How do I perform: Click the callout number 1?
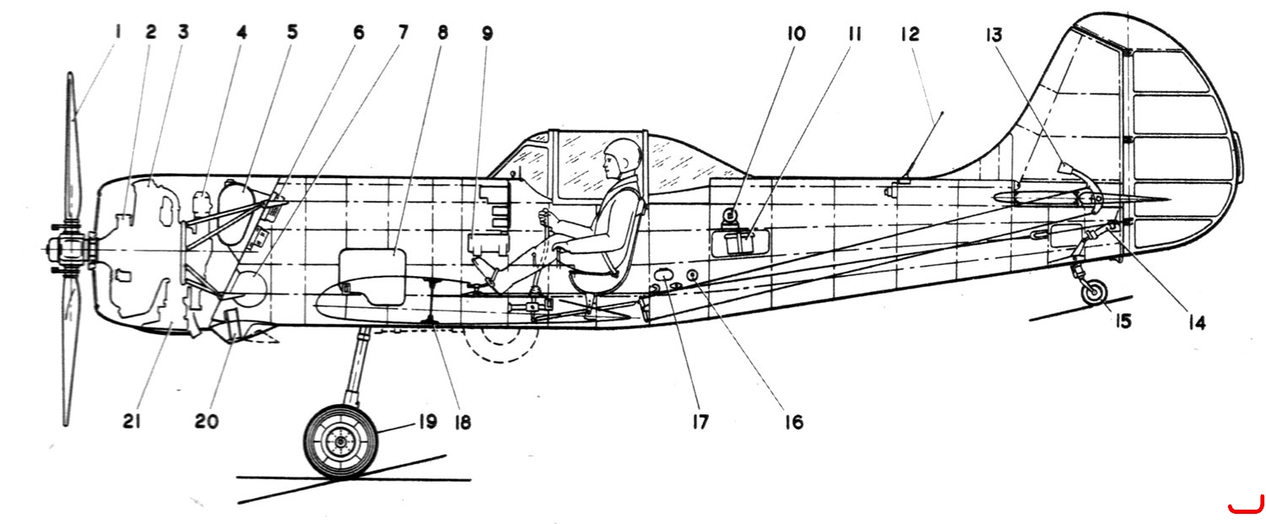pos(117,32)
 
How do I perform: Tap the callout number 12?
pos(910,35)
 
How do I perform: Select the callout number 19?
pos(427,422)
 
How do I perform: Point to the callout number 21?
pos(131,421)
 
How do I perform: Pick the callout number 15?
pos(1123,321)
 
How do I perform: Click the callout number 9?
pos(487,34)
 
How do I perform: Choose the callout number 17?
pos(700,422)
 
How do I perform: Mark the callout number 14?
pos(1197,323)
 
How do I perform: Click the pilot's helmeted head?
pos(623,155)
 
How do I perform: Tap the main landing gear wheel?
pos(339,441)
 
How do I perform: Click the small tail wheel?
pos(1094,293)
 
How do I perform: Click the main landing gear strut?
pos(357,366)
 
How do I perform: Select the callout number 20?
pos(206,421)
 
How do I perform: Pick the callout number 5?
pos(292,32)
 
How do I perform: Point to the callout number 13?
pos(993,35)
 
